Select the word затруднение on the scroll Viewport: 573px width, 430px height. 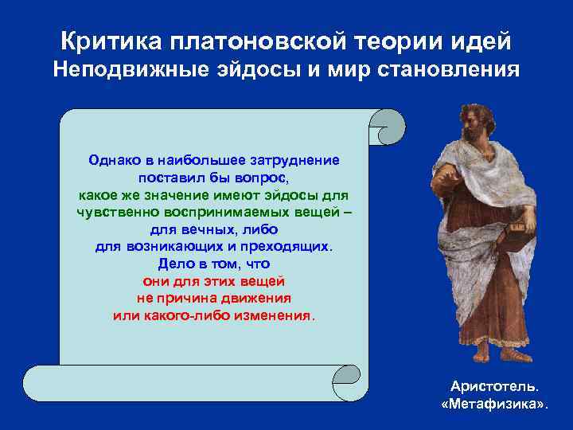click(294, 159)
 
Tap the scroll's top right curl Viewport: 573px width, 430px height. click(390, 125)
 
